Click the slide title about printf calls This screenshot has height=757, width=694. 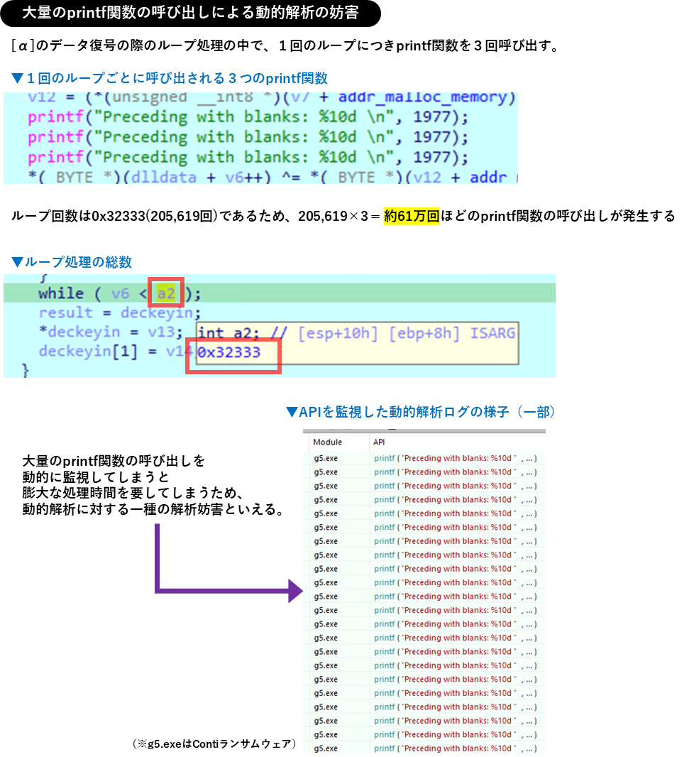[x=190, y=13]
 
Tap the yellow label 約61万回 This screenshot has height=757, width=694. [x=412, y=217]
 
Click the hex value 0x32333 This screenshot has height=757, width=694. [x=228, y=352]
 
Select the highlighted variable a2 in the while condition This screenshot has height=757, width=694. [x=165, y=293]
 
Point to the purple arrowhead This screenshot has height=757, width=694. [x=296, y=590]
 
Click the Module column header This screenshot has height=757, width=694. [x=327, y=442]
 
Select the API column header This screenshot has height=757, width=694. [x=379, y=442]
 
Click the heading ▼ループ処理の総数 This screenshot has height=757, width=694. [x=71, y=262]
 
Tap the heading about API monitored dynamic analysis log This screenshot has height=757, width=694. [x=420, y=412]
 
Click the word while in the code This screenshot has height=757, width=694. [x=60, y=293]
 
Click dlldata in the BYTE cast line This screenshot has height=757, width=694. [x=164, y=177]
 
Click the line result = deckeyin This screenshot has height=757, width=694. [x=120, y=312]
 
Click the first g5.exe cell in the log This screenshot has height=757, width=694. [x=326, y=458]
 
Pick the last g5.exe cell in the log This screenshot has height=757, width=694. [x=326, y=748]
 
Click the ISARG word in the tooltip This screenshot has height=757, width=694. [x=492, y=332]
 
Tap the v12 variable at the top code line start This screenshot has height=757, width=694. [x=42, y=97]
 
